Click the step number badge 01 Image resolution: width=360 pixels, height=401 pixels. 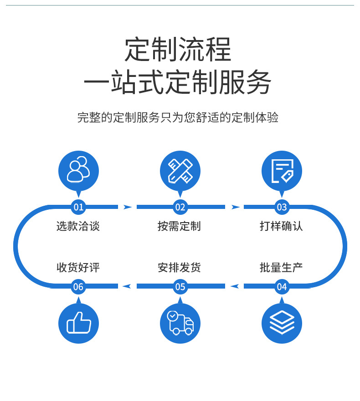(x=78, y=208)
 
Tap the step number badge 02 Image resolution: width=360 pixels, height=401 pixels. (x=180, y=208)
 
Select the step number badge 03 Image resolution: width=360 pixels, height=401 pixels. (x=282, y=208)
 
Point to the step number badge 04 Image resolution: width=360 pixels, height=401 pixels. (x=282, y=287)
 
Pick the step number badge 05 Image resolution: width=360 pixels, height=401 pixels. (x=180, y=287)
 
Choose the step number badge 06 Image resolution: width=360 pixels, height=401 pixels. (x=78, y=287)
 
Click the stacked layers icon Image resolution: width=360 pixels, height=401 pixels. (x=282, y=324)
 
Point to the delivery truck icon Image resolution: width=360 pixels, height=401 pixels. (x=180, y=324)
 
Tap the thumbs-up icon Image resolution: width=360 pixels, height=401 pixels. (x=78, y=324)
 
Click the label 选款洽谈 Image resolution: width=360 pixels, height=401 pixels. (x=78, y=226)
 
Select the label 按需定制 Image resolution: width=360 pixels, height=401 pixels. (x=180, y=226)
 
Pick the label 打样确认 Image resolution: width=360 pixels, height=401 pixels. (x=281, y=226)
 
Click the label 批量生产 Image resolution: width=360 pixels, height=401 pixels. (x=281, y=268)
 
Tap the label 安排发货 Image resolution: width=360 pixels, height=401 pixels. (x=180, y=268)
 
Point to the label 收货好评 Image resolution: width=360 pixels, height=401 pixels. (x=78, y=268)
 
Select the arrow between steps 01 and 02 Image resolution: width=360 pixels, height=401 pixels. (x=128, y=207)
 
